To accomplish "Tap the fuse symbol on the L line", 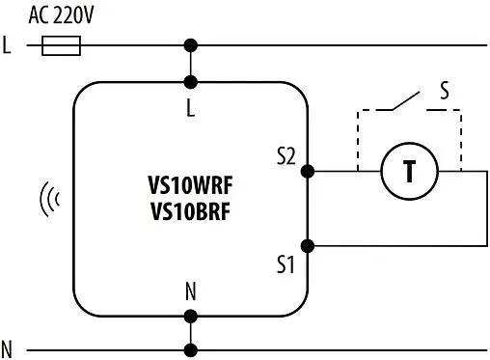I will point(62,45).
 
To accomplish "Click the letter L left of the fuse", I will point(8,45).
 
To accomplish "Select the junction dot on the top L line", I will point(191,45).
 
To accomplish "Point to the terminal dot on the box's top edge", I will point(191,82).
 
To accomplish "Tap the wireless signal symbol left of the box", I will point(49,200).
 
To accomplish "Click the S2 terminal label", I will point(286,155).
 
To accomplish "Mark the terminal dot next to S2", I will point(308,172).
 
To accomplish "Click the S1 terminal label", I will point(286,263).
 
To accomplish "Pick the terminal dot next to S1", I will point(308,246).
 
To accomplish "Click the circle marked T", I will point(409,172).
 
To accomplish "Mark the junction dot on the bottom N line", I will point(191,348).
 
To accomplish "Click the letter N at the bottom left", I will point(8,348).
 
